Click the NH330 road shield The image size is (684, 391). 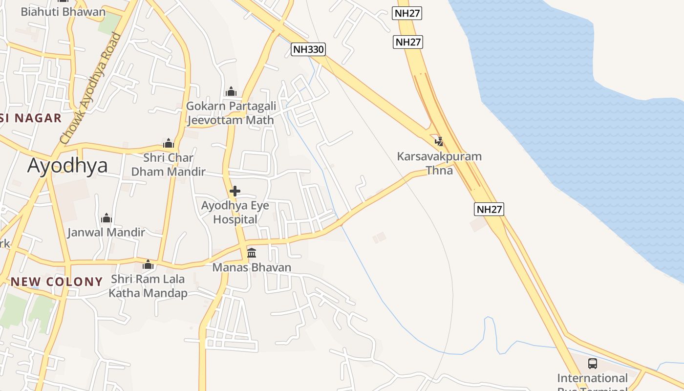coord(308,49)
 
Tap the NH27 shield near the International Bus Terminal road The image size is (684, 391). coord(489,209)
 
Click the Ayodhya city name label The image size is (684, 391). coord(67,166)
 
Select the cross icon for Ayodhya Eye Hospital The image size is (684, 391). coord(235,191)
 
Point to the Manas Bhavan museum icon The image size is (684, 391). coord(252,253)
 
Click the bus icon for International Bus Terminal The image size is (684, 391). coord(592,364)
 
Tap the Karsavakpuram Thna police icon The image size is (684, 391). coord(439,142)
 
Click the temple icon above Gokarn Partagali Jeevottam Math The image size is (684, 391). coord(231,91)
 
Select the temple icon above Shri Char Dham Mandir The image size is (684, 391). coord(169,143)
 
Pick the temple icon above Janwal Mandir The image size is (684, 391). coord(107,218)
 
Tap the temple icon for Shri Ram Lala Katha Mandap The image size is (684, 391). coord(148,265)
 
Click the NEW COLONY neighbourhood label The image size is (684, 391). coord(57,282)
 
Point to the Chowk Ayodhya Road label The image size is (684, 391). coord(91,88)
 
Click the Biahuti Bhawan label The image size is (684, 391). coord(63,12)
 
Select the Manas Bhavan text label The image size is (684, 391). coord(252,267)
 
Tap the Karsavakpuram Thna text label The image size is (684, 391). coord(439,163)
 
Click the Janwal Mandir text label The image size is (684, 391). coord(106,232)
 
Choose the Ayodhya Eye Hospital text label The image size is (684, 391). coord(235,212)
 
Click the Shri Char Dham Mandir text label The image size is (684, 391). coord(169,165)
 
